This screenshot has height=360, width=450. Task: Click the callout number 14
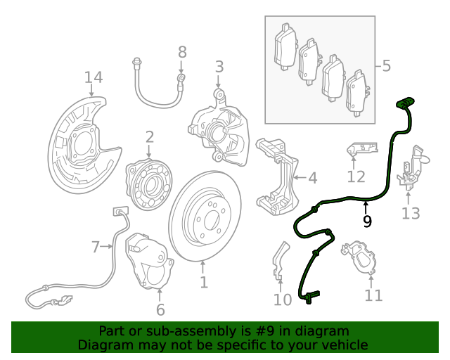click(x=94, y=77)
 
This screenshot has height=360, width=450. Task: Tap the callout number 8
click(x=182, y=51)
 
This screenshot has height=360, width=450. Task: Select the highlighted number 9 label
click(x=366, y=221)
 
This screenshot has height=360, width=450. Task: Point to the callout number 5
click(x=386, y=67)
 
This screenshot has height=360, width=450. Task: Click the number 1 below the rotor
click(x=203, y=283)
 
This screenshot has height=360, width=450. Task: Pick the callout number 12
click(x=356, y=176)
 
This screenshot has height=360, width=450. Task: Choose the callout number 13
click(x=410, y=213)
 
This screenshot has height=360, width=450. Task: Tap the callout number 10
click(x=282, y=300)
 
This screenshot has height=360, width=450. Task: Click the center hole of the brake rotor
click(x=205, y=219)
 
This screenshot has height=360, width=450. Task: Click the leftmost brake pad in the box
click(x=284, y=49)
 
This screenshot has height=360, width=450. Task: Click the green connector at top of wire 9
click(x=405, y=103)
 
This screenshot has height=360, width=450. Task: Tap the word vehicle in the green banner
click(x=344, y=345)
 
